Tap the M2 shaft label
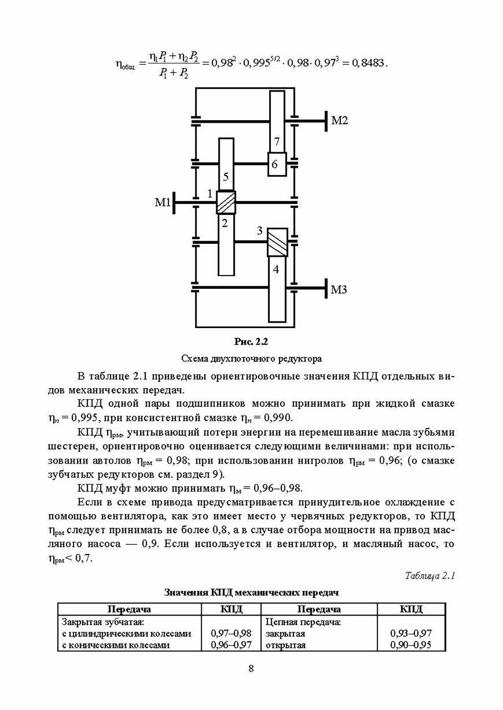tap(339, 120)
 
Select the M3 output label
tap(338, 289)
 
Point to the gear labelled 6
tap(276, 164)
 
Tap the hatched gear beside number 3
tap(277, 242)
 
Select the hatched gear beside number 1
tap(226, 203)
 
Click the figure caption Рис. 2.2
tap(251, 341)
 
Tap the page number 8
tap(251, 668)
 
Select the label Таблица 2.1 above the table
tap(430, 576)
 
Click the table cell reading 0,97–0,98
tap(231, 633)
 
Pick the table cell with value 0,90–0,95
tap(411, 645)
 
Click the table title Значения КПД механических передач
tap(251, 592)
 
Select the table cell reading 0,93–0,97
tap(411, 633)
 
